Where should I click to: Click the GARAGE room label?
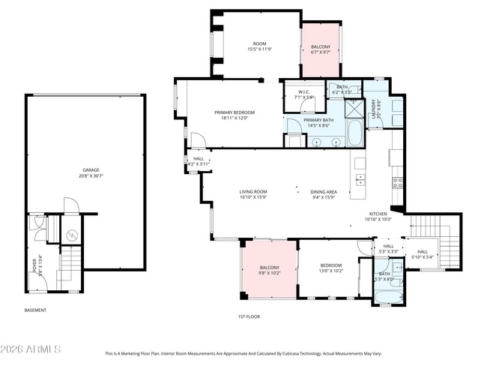(91, 170)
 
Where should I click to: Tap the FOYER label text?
(34, 263)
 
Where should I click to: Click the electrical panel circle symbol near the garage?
(71, 235)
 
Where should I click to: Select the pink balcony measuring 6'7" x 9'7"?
(321, 49)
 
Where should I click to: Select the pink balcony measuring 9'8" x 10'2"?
(269, 271)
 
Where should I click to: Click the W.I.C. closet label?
(303, 93)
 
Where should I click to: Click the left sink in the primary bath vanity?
(317, 140)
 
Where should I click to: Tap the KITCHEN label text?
(377, 214)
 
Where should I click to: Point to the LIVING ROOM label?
(253, 191)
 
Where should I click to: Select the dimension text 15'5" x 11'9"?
(259, 49)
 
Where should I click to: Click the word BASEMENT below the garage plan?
(35, 310)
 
